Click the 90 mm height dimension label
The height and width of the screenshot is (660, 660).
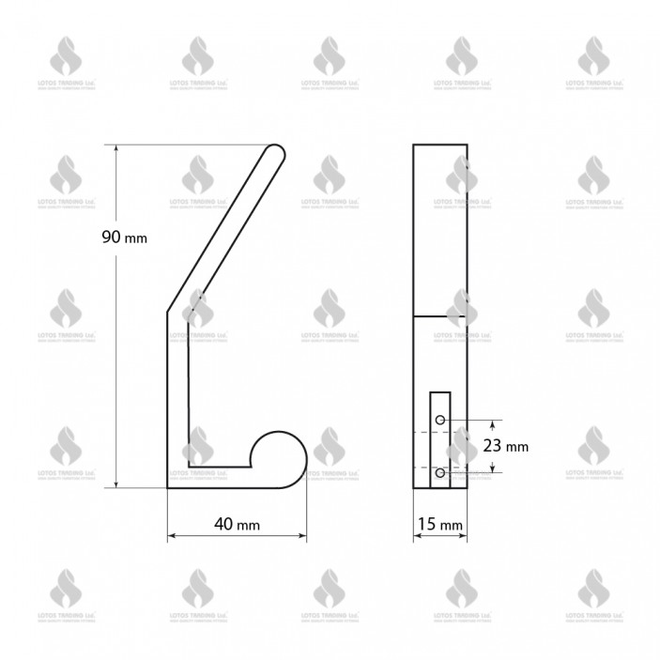click(124, 238)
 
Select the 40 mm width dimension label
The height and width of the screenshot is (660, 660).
click(236, 524)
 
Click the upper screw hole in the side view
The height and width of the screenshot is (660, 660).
click(439, 420)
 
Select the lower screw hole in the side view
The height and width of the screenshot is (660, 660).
click(439, 473)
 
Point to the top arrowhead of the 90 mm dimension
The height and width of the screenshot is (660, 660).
click(116, 149)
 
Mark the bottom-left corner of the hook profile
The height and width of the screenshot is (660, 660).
click(169, 485)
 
